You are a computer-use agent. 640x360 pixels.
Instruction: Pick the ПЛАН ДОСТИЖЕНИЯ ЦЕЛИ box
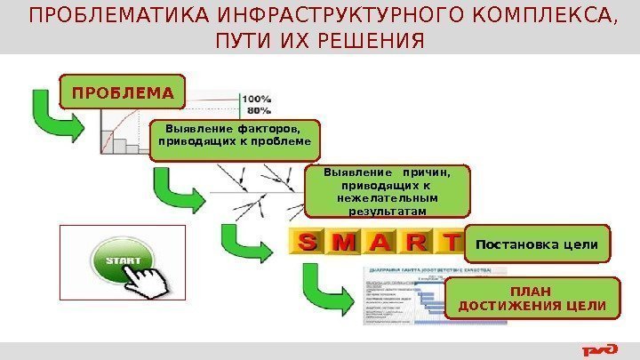click(x=532, y=300)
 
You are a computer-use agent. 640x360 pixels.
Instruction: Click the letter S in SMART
click(x=308, y=242)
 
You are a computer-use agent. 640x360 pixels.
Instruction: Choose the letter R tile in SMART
click(x=419, y=242)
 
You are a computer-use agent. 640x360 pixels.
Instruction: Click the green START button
click(x=121, y=262)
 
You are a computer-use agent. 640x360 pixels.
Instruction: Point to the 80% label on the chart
click(x=258, y=111)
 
